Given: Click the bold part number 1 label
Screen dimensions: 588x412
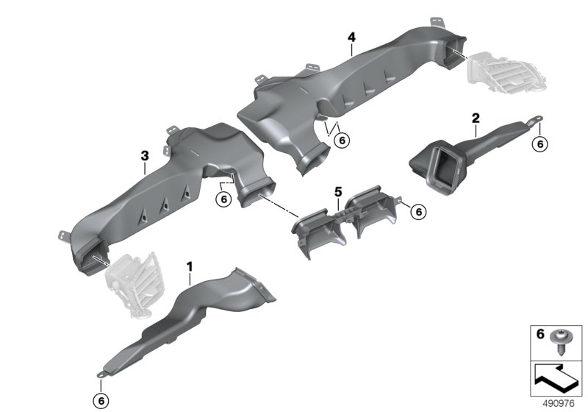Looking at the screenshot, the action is [190, 267].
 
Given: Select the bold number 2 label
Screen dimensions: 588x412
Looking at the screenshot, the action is [476, 118].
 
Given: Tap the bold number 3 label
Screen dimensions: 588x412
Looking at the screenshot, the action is [145, 156].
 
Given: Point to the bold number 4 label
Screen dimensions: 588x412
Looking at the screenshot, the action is [351, 37].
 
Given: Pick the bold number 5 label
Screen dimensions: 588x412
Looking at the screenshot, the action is [338, 192].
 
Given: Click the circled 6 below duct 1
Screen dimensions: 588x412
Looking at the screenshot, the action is [101, 401].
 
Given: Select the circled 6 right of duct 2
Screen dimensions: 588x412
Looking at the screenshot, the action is [540, 144].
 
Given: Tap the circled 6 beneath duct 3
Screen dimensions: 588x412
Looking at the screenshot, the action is [224, 199].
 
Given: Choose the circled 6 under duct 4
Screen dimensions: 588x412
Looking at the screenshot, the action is [342, 141].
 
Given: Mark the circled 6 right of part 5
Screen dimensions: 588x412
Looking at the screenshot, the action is [418, 212].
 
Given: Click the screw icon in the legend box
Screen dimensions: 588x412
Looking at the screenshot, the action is [560, 341].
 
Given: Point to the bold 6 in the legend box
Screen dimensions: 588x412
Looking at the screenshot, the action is [540, 333].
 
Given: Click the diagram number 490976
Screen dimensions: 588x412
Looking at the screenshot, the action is [559, 404].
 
